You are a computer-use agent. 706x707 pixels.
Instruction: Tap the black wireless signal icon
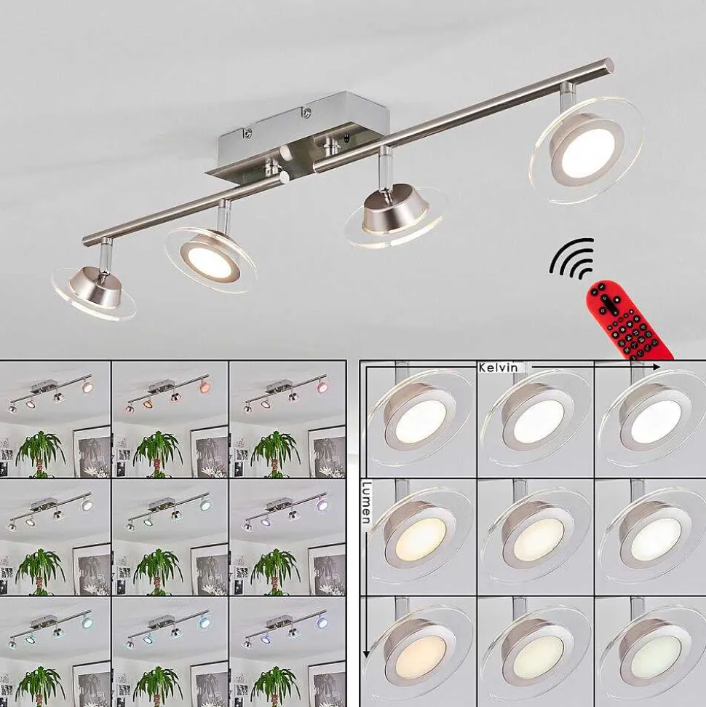(571, 258)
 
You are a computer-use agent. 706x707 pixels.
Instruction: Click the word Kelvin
(498, 368)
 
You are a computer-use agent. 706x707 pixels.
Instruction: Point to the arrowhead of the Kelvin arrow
(657, 368)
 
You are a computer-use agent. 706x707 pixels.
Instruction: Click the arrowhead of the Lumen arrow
(367, 653)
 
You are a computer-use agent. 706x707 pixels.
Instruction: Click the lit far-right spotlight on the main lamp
(586, 148)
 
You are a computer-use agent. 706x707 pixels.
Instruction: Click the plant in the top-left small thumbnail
(41, 453)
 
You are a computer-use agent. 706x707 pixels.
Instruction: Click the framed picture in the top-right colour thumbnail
(327, 451)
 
